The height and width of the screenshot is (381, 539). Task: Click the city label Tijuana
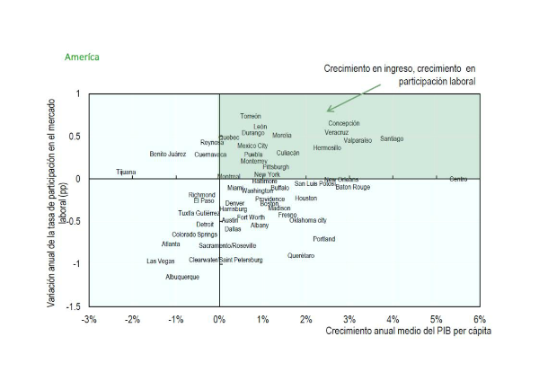[x=127, y=172]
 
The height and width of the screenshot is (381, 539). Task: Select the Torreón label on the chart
[x=251, y=117]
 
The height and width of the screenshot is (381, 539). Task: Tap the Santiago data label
[x=392, y=139]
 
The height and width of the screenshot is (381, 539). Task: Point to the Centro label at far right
[x=458, y=180]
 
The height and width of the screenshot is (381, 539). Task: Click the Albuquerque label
[x=182, y=277]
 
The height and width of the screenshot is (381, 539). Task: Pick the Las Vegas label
[x=161, y=261]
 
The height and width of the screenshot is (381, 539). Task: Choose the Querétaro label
[x=301, y=256]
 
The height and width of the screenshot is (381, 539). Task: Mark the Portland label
[x=324, y=239]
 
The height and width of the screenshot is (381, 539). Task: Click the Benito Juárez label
[x=168, y=155]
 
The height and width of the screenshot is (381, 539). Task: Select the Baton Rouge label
[x=352, y=188]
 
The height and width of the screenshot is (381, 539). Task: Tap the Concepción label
[x=343, y=123]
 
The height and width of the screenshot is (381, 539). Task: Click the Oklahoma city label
[x=308, y=220]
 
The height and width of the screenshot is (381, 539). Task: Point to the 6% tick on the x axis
[x=480, y=319]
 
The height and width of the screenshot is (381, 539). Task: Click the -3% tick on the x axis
[x=89, y=319]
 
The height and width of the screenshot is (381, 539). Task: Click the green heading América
[x=82, y=57]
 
